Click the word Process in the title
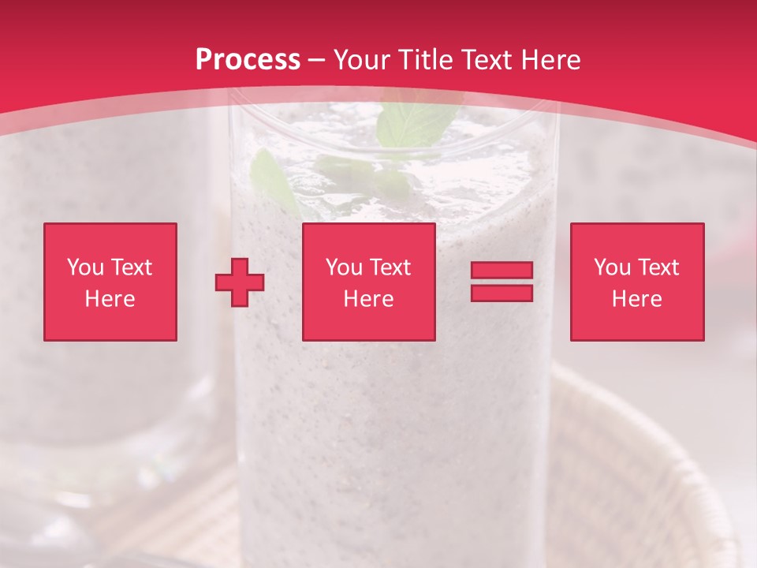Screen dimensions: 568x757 click(248, 60)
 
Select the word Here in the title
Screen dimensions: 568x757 click(547, 60)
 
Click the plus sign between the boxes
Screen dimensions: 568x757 click(240, 282)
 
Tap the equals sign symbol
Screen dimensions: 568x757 click(502, 282)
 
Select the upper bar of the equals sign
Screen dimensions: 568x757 click(502, 271)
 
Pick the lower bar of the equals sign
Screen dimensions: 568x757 click(502, 293)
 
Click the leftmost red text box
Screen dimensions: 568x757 click(110, 282)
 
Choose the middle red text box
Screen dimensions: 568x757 click(368, 282)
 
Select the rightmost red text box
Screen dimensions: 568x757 click(636, 282)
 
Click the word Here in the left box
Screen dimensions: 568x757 click(110, 299)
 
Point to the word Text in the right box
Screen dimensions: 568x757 click(658, 267)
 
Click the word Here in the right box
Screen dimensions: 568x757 click(636, 299)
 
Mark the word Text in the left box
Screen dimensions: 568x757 click(131, 267)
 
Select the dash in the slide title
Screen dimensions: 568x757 click(317, 60)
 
